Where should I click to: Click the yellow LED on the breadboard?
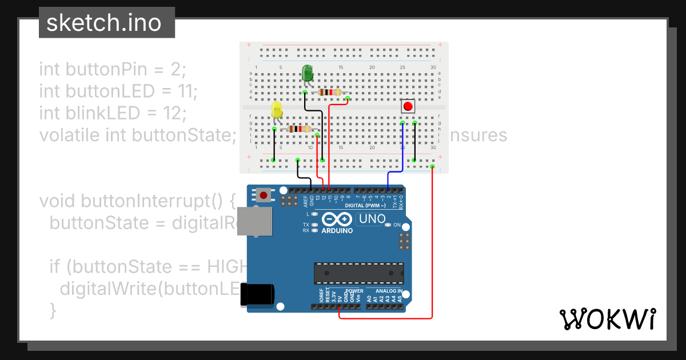277,110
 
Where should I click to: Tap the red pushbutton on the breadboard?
408,106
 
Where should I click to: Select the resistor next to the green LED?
329,92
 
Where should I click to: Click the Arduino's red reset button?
264,195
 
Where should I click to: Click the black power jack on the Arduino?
257,294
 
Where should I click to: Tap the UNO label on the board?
371,219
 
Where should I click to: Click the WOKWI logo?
608,319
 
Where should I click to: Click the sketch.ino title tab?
103,23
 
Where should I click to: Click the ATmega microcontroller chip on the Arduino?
358,273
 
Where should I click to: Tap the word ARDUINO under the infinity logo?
337,231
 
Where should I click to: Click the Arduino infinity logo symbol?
337,219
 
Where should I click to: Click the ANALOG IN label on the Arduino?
389,291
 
